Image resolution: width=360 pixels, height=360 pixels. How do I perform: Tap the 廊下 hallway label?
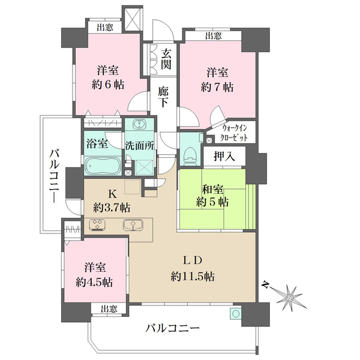point(163,98)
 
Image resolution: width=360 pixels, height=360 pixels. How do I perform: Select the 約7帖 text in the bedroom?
point(218,87)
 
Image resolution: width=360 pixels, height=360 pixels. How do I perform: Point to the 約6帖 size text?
point(108,85)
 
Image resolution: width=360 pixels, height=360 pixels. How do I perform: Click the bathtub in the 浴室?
point(103,164)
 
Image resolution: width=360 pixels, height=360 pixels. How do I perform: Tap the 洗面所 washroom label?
point(139,145)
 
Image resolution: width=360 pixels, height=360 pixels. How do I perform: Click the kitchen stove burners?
point(98,226)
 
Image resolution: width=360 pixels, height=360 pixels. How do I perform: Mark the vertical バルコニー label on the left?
point(52,175)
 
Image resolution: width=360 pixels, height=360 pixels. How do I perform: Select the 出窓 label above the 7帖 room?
point(213,36)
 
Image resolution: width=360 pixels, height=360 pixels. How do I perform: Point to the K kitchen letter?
point(112,194)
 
